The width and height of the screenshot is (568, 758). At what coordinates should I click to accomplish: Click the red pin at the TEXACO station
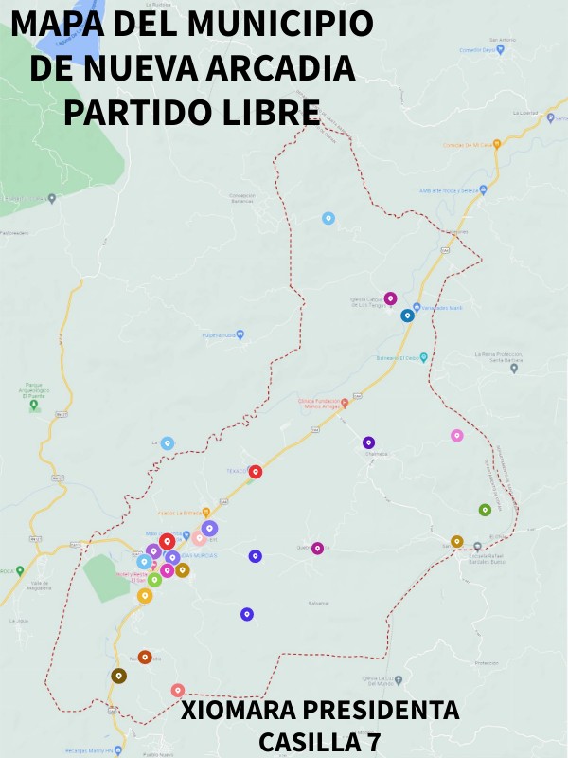point(255,471)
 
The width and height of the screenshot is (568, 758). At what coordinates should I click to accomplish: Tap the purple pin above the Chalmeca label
point(368,442)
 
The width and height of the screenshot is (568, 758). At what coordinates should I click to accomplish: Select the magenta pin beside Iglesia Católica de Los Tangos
point(389,298)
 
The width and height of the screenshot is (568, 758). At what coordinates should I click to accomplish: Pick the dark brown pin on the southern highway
point(118,676)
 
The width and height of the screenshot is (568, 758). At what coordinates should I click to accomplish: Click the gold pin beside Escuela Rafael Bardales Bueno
point(456,541)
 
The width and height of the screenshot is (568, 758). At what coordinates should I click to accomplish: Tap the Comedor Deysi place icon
point(501,49)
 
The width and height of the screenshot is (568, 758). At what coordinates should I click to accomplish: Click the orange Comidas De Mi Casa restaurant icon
point(495,145)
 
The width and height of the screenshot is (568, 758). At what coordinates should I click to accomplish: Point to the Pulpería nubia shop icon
point(240,334)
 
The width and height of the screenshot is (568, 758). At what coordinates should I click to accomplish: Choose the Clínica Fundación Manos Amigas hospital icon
point(345,403)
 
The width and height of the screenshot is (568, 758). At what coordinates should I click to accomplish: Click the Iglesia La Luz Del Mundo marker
point(399,680)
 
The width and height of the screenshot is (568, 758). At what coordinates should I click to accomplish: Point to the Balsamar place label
point(319,603)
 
